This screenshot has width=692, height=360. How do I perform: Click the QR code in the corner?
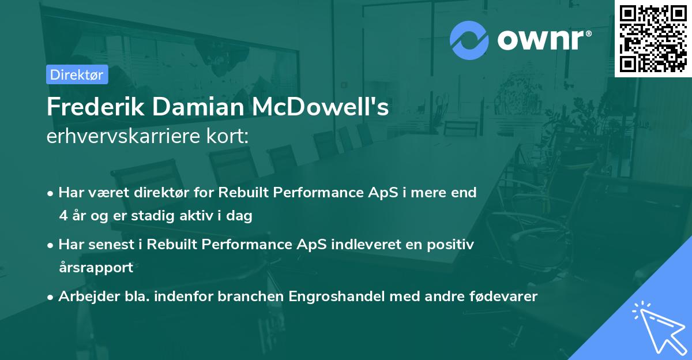653,39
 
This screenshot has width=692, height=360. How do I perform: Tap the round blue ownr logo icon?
469,40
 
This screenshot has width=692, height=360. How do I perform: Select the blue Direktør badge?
77,74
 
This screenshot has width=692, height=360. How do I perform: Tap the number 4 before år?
62,216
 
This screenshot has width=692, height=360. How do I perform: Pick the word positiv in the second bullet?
453,245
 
